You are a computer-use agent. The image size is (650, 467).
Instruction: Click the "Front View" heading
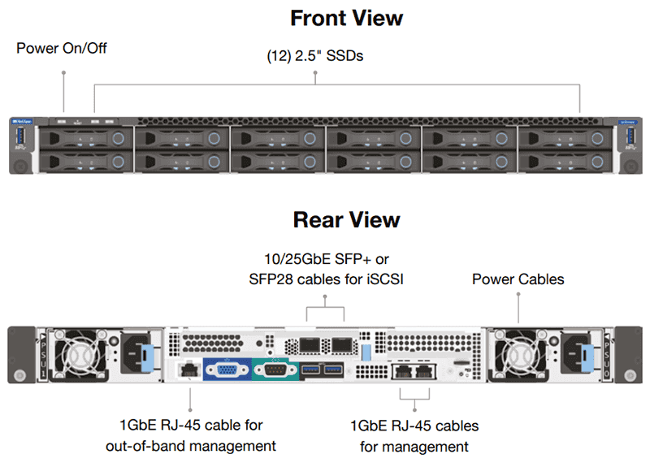(x=347, y=17)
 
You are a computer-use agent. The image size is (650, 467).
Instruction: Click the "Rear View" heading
(x=347, y=220)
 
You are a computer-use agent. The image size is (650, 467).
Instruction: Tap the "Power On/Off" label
(x=62, y=49)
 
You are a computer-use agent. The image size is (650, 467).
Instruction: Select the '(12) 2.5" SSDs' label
(x=315, y=57)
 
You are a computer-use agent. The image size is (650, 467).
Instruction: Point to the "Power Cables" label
(x=518, y=279)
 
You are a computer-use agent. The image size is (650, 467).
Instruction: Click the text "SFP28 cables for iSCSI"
(x=325, y=279)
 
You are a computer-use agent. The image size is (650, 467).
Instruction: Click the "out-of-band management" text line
(x=191, y=445)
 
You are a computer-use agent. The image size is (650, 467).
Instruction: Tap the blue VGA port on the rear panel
(x=224, y=371)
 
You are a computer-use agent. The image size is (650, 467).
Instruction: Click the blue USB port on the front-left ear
(x=19, y=136)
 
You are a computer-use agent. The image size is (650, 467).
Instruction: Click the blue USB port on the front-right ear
(x=630, y=136)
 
